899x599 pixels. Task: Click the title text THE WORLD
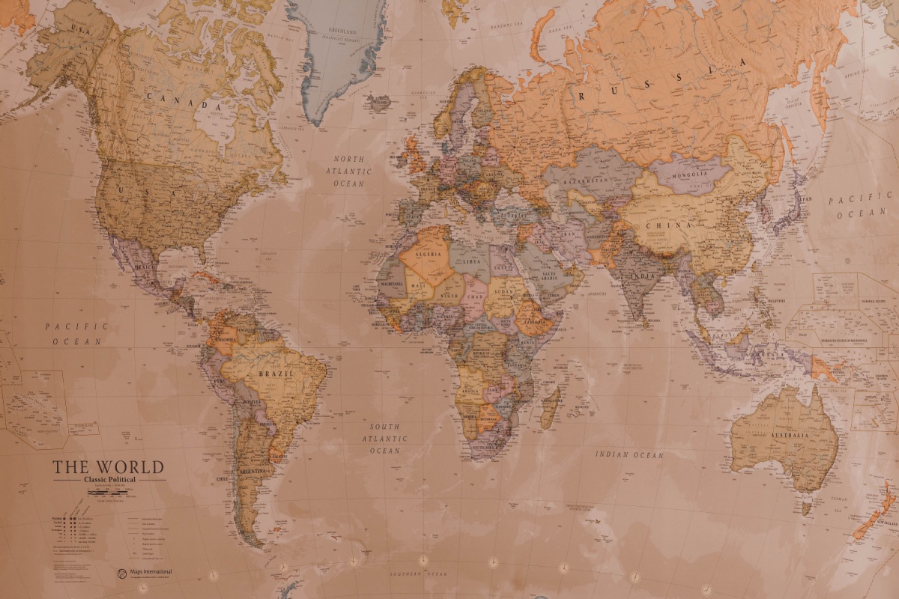tap(108, 467)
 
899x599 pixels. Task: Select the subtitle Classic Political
tap(109, 480)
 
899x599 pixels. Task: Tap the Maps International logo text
tap(153, 573)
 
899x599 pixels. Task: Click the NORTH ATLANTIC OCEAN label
tap(349, 171)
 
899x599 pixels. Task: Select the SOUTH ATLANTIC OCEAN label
tap(386, 439)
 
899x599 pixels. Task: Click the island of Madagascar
tap(551, 406)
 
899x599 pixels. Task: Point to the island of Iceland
tap(381, 103)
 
